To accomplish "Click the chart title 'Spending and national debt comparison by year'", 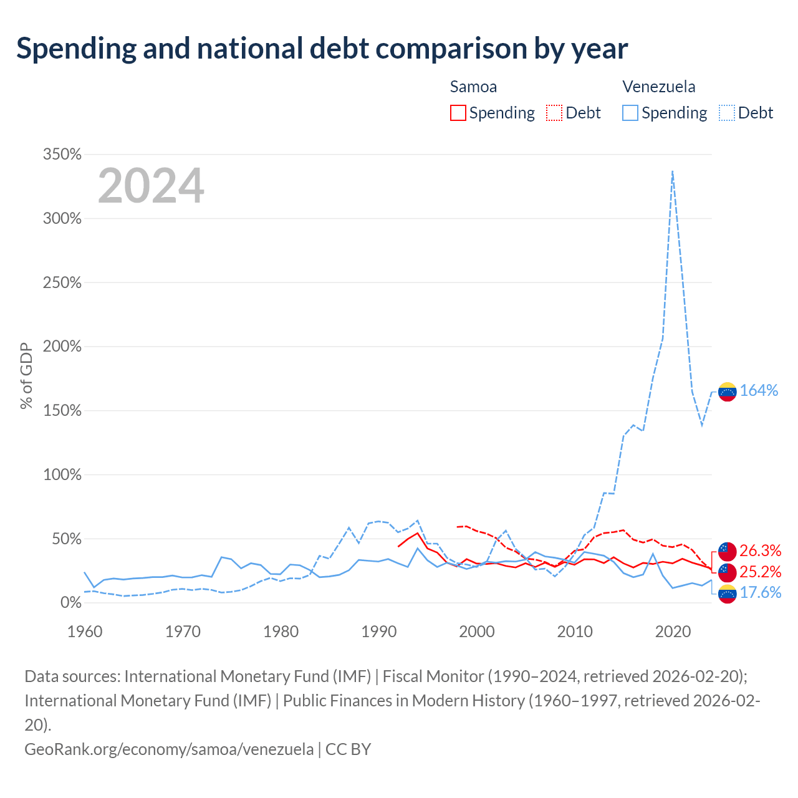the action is (322, 49).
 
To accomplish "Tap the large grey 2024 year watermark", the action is (151, 185).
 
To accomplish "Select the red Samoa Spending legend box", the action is (458, 113).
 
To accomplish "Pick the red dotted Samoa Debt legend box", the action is (554, 113).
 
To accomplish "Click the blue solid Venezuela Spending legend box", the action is (630, 113).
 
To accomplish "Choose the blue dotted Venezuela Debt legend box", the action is (726, 113).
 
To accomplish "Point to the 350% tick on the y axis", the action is (62, 154).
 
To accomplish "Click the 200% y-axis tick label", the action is (62, 346).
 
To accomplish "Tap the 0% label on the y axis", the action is (71, 602).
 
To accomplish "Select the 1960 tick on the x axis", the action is (85, 632).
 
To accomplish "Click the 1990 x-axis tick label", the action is (379, 632).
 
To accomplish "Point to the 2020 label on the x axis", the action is (673, 632).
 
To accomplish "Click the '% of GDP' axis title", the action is (26, 375).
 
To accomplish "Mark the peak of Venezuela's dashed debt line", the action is (673, 171).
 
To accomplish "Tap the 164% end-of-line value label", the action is (759, 390).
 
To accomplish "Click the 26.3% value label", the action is (761, 550).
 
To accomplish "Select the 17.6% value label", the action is (761, 593).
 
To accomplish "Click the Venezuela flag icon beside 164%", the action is (727, 392).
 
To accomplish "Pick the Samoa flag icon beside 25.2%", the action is (727, 572).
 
